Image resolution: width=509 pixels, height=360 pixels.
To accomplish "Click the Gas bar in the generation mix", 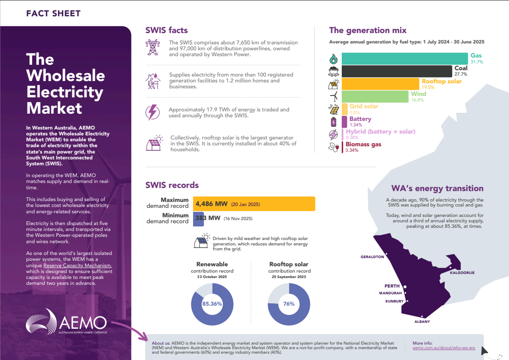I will tap(404, 58).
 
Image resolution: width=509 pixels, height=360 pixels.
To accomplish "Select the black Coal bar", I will tap(397, 71).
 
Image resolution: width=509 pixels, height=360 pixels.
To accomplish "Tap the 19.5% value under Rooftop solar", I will tap(428, 87).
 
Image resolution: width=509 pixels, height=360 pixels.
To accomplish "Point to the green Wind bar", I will tap(375, 96).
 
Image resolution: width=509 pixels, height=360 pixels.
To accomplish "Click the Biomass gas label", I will tap(363, 144).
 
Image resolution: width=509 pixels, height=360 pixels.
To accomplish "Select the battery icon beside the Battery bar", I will tap(334, 122).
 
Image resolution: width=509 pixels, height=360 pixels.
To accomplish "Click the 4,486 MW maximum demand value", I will tap(212, 204).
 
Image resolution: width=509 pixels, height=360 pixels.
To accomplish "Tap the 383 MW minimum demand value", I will tap(208, 218).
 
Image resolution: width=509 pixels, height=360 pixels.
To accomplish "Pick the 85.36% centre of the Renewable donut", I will tap(212, 304).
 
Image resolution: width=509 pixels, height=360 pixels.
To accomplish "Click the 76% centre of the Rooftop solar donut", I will tap(289, 304).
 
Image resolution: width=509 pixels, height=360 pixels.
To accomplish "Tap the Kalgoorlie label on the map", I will tap(462, 273).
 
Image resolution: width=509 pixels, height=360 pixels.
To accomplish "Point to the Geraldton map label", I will tap(372, 257).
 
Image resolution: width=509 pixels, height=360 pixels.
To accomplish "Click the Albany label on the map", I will tap(422, 322).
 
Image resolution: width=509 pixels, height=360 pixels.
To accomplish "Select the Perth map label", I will tap(392, 286).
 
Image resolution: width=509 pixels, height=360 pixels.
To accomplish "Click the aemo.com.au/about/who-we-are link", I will tap(444, 347).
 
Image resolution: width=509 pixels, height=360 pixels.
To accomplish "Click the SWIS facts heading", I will tap(166, 31).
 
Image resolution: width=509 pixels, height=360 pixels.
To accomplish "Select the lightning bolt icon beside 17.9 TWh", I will tap(152, 112).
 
